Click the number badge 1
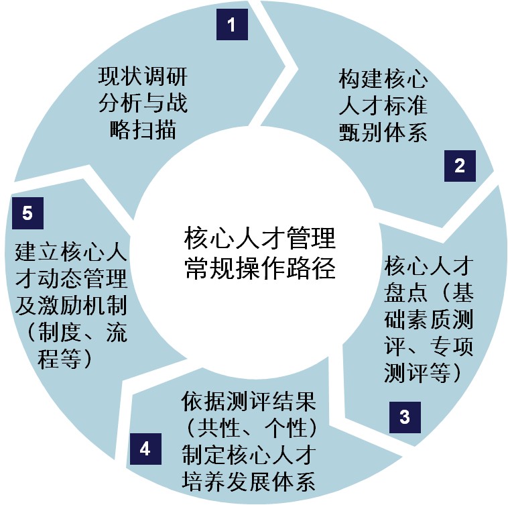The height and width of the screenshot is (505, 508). tap(232, 26)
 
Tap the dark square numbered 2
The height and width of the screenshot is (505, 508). tap(460, 166)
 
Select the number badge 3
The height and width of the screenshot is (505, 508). tap(404, 417)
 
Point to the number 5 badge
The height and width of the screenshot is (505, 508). tap(27, 213)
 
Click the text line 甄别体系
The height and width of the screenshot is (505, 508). tap(383, 132)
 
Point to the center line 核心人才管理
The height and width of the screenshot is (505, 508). tap(259, 238)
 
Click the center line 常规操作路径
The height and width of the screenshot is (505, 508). tap(259, 270)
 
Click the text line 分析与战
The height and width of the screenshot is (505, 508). tap(142, 102)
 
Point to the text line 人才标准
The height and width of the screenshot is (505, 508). tap(383, 106)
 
